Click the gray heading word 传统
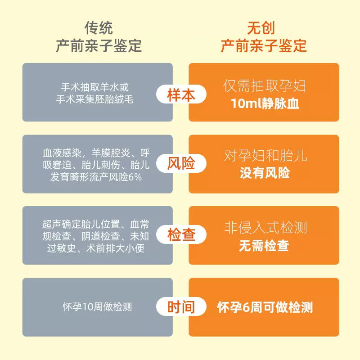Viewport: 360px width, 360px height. point(99,28)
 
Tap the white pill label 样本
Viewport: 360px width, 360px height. point(181,95)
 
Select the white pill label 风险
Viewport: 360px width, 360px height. point(181,163)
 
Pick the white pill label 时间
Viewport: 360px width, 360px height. point(181,307)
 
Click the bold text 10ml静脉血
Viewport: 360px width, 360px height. point(265,103)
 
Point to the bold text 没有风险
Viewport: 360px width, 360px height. point(265,173)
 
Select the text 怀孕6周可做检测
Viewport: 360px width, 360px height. point(265,307)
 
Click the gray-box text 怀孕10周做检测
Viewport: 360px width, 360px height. point(97,307)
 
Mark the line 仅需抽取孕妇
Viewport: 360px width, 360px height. point(265,86)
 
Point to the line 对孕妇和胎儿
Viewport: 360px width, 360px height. point(265,156)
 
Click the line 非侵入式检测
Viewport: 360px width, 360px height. point(265,228)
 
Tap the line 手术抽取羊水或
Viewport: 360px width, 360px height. point(97,87)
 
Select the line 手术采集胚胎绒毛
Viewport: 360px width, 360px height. point(97,99)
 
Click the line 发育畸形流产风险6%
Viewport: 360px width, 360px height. point(96,177)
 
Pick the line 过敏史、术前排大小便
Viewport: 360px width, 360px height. point(96,248)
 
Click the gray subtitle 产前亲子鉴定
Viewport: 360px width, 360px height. point(99,45)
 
